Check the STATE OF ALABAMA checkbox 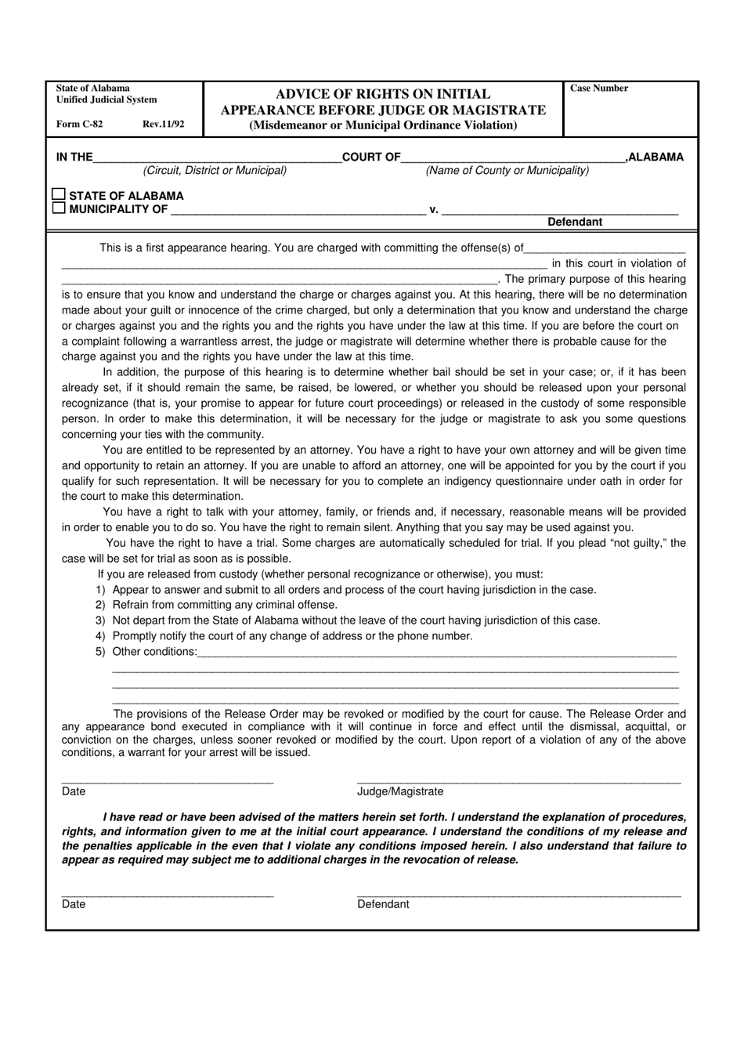(59, 194)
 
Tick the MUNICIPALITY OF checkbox (59, 208)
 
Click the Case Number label (599, 89)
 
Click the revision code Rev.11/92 (164, 124)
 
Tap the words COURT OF (372, 157)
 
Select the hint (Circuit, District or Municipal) (215, 170)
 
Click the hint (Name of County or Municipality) (507, 170)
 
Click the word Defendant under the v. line (575, 222)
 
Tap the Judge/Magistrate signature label (400, 791)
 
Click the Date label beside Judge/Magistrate (74, 791)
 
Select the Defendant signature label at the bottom (383, 904)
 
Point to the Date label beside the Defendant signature (74, 904)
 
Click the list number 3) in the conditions (100, 621)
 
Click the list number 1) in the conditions (100, 590)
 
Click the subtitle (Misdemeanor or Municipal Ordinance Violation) (383, 125)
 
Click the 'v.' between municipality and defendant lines (433, 209)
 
